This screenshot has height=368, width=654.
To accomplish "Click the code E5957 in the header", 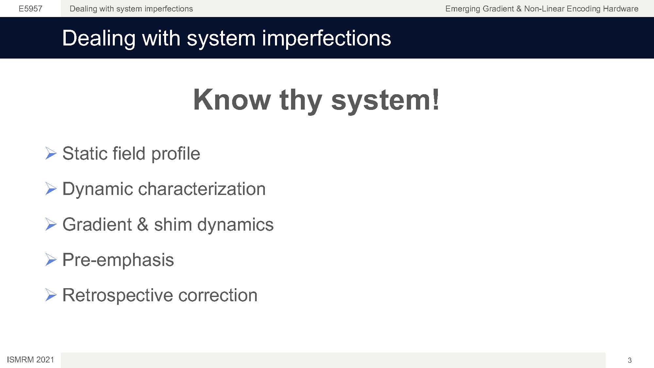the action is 30,9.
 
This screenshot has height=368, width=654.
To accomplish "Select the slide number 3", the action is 629,360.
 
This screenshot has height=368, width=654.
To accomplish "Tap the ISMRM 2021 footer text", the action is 30,360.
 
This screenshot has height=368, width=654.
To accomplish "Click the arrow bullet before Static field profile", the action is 51,153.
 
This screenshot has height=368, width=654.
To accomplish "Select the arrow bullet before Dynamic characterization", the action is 51,189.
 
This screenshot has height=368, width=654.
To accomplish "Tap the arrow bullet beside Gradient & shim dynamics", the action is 51,224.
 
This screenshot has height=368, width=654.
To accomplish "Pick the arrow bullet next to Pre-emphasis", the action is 51,260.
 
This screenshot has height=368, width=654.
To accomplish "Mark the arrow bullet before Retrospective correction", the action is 51,295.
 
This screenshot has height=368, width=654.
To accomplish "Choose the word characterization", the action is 202,189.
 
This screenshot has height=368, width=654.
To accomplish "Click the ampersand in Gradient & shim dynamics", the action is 143,224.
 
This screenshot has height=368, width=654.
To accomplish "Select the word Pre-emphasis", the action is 118,260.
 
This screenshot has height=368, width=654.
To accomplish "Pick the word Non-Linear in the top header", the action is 544,9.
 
